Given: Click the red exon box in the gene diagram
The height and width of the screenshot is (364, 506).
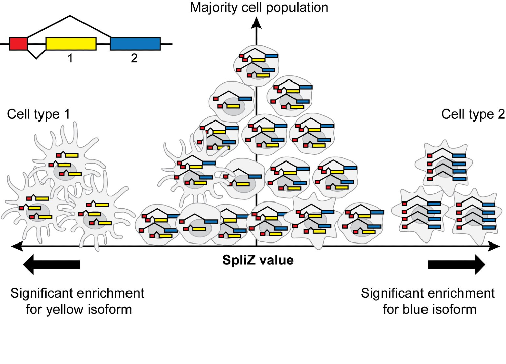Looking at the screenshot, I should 18,44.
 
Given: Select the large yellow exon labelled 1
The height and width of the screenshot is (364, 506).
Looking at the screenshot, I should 70,44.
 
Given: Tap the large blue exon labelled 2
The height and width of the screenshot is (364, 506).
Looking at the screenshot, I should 135,44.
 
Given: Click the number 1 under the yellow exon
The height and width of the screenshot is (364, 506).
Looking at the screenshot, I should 70,58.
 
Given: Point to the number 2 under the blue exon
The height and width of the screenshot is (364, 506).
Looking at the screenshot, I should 134,58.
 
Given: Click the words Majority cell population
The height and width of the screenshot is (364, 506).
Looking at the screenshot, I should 259,7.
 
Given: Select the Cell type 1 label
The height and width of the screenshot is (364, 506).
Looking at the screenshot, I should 38,114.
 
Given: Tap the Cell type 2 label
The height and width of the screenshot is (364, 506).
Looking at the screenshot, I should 473,114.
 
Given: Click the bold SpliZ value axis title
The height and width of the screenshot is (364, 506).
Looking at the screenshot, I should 259,261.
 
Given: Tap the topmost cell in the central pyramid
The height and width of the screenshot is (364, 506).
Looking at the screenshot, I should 256,63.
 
